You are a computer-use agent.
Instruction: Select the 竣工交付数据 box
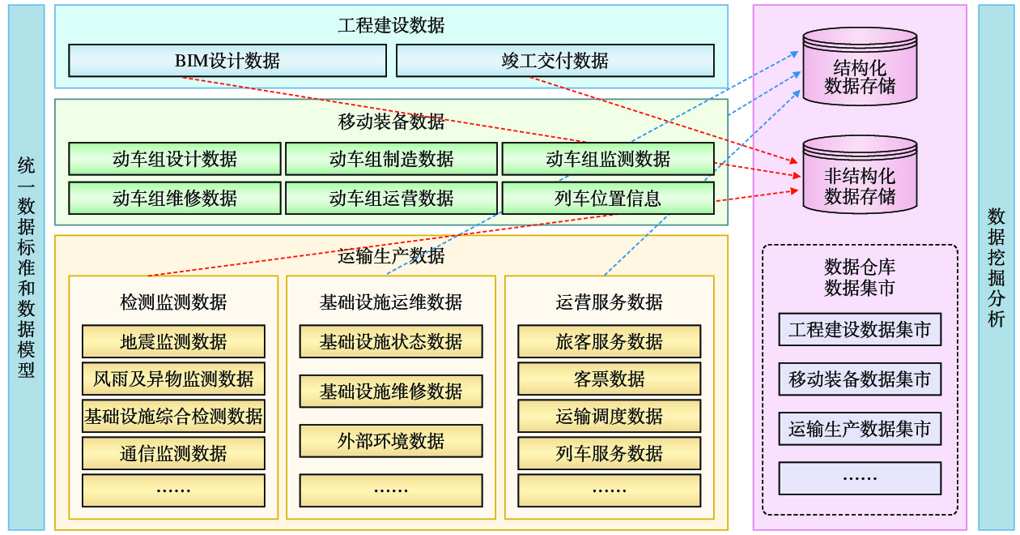(555, 61)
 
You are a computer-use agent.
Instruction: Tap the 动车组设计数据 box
(175, 159)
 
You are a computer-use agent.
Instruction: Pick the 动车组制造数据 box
(391, 159)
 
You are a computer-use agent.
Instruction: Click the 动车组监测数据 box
(608, 159)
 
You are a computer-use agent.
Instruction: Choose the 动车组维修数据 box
(175, 198)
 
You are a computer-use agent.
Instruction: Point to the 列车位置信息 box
(608, 198)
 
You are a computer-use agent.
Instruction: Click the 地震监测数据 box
(173, 341)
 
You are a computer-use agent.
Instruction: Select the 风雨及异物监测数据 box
(173, 379)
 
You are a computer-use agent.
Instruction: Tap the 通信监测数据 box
(173, 453)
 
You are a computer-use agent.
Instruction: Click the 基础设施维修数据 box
(391, 392)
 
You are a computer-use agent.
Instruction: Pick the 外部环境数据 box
(391, 441)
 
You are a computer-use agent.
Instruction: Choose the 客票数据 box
(609, 379)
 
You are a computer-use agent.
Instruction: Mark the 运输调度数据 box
(609, 416)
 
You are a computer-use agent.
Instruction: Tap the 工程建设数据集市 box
(860, 330)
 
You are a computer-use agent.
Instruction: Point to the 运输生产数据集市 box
(860, 429)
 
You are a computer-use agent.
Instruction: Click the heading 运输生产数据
(391, 256)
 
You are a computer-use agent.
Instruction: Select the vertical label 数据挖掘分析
(997, 267)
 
